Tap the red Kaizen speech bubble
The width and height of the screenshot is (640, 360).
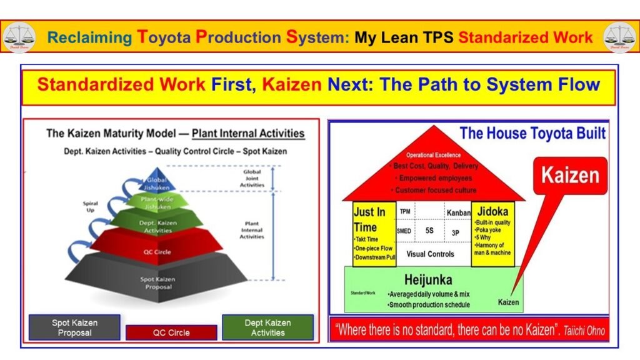point(570,175)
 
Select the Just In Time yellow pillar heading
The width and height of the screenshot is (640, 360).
point(374,219)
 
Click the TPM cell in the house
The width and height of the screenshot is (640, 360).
point(404,212)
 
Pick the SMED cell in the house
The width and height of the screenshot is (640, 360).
point(404,231)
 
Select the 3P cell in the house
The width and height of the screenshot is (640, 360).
point(456,231)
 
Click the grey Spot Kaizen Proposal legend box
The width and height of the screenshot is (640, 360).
point(74,327)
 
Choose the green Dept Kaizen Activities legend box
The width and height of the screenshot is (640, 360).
point(267,327)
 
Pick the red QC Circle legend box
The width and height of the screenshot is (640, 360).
point(171,332)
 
